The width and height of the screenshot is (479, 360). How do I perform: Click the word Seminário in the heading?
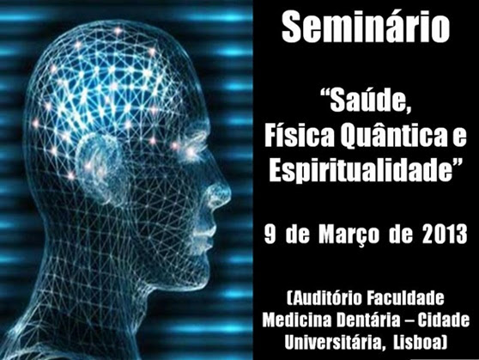pyautogui.click(x=366, y=27)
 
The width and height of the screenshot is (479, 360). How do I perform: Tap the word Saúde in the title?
pyautogui.click(x=370, y=100)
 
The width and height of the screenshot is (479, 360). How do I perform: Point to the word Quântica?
pyautogui.click(x=393, y=137)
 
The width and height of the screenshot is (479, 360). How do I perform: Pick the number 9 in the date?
pyautogui.click(x=270, y=235)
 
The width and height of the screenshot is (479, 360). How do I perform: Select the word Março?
pyautogui.click(x=349, y=235)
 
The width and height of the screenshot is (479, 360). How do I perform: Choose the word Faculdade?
pyautogui.click(x=405, y=298)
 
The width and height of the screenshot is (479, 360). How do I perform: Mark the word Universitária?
pyautogui.click(x=334, y=342)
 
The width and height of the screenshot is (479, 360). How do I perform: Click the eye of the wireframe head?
pyautogui.click(x=191, y=152)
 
